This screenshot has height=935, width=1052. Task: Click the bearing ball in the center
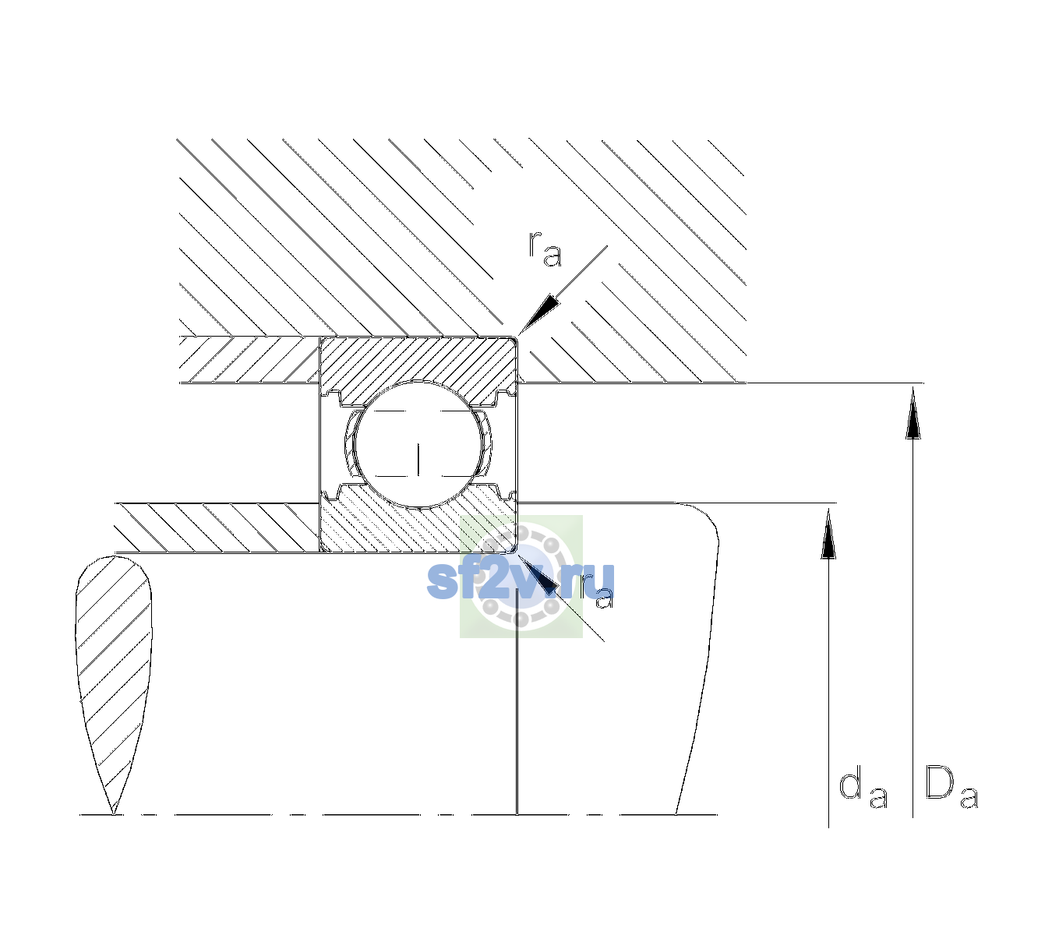(x=418, y=444)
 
